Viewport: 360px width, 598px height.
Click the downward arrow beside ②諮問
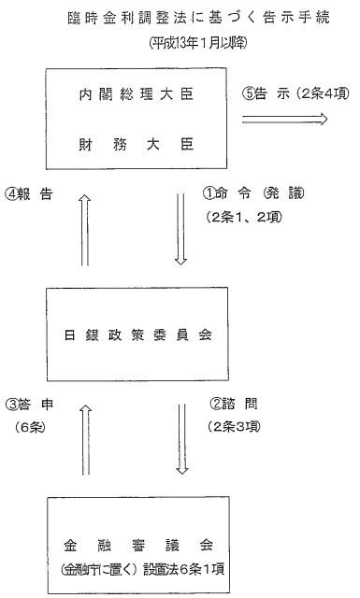(181, 437)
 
